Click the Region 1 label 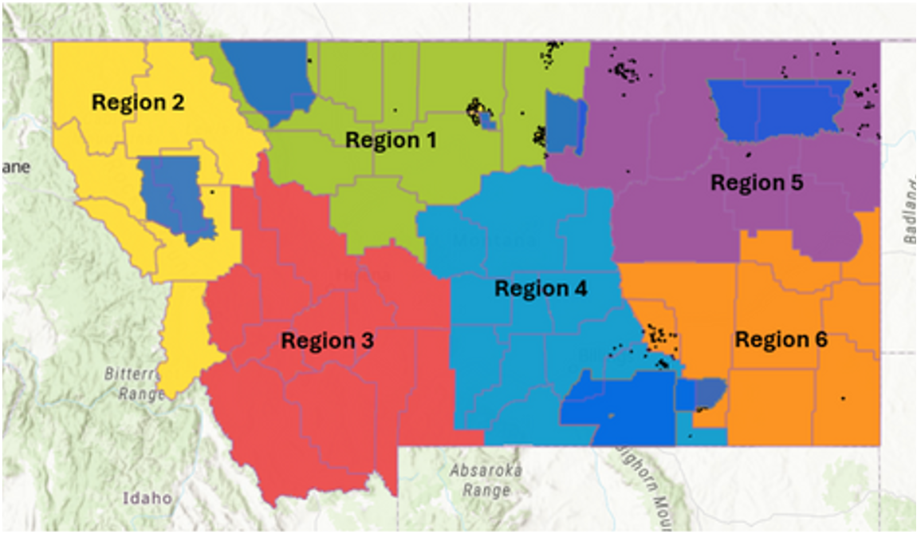point(391,140)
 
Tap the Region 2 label point(138,102)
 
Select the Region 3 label point(327,341)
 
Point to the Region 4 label point(541,288)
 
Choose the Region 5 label point(757,183)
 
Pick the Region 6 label point(781,340)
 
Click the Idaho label point(147,497)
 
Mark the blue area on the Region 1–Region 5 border point(565,121)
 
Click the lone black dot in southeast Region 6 point(844,398)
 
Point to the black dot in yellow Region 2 point(212,192)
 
